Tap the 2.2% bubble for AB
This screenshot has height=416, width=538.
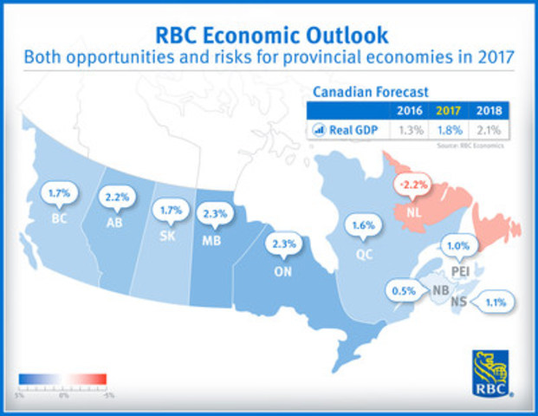point(117,198)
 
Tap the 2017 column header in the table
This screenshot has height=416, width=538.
point(448,111)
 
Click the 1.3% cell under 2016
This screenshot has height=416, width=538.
point(410,130)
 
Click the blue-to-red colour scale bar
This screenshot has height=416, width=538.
point(63,378)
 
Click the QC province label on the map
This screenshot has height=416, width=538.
point(362,257)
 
